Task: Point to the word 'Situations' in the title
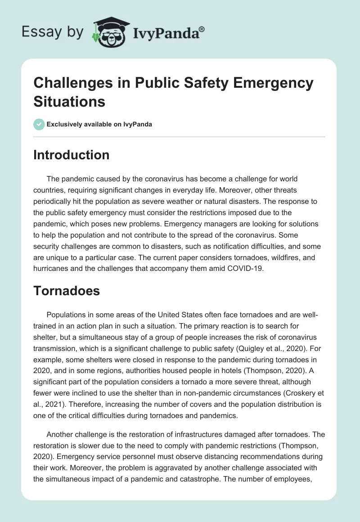69,101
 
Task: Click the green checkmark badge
39,124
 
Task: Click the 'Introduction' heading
71,155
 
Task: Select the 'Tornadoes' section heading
67,291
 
